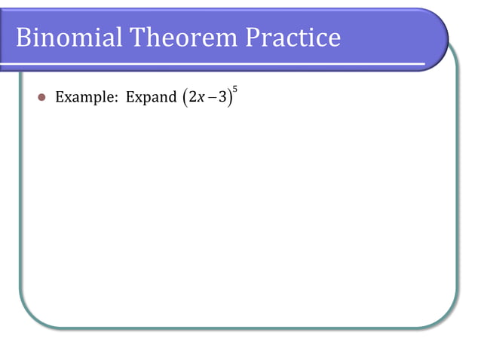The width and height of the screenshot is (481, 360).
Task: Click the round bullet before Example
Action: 42,98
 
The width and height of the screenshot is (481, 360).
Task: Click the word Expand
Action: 150,98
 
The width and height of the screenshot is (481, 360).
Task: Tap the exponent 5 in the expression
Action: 235,90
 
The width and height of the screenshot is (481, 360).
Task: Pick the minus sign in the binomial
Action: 211,98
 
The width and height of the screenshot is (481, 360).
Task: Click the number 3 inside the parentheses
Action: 222,98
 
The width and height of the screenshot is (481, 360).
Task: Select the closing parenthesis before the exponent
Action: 230,98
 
